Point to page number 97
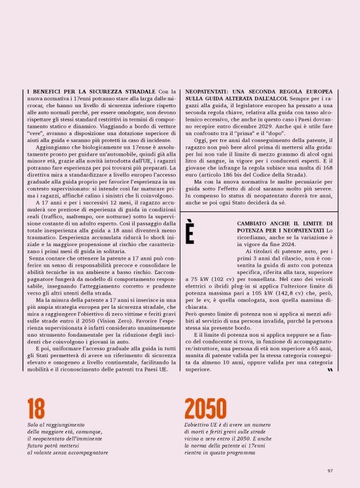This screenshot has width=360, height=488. point(331,470)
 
